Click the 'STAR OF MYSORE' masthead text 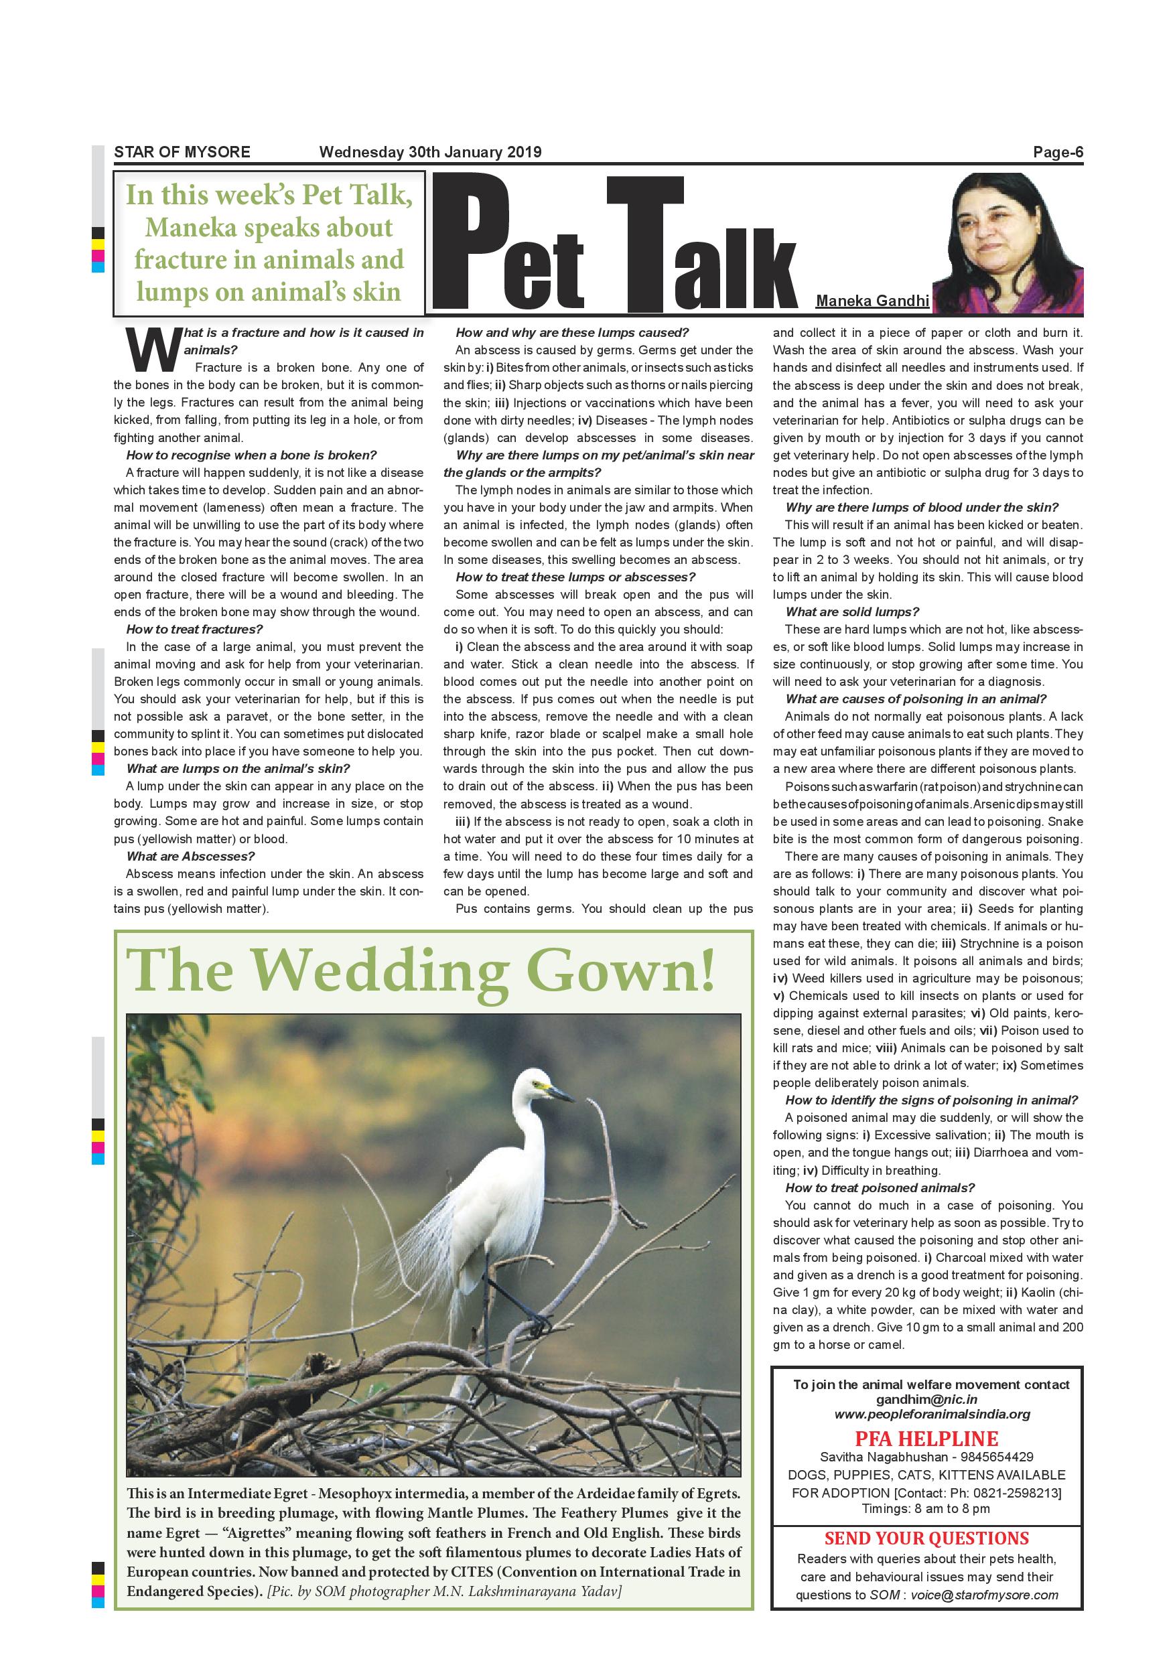tap(182, 152)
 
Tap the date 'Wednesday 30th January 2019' tap(430, 152)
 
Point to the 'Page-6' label tap(1058, 152)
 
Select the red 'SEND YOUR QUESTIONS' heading tap(927, 1538)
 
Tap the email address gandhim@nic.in tap(927, 1399)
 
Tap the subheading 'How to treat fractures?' tap(194, 630)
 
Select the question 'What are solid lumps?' tap(852, 612)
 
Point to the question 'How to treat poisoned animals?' tap(880, 1188)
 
